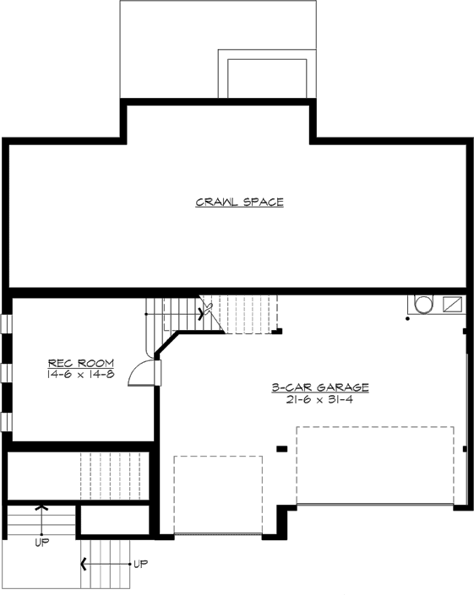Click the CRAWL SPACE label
click(x=239, y=203)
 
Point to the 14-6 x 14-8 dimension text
click(x=81, y=373)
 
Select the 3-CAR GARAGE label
click(x=319, y=387)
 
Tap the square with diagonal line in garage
click(x=452, y=304)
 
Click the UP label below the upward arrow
click(x=41, y=543)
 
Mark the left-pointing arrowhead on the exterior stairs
click(x=84, y=562)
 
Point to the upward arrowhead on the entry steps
click(x=41, y=508)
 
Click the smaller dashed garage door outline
click(x=218, y=495)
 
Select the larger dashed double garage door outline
click(x=374, y=466)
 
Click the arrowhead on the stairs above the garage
click(x=201, y=312)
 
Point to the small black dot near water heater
click(x=407, y=319)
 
